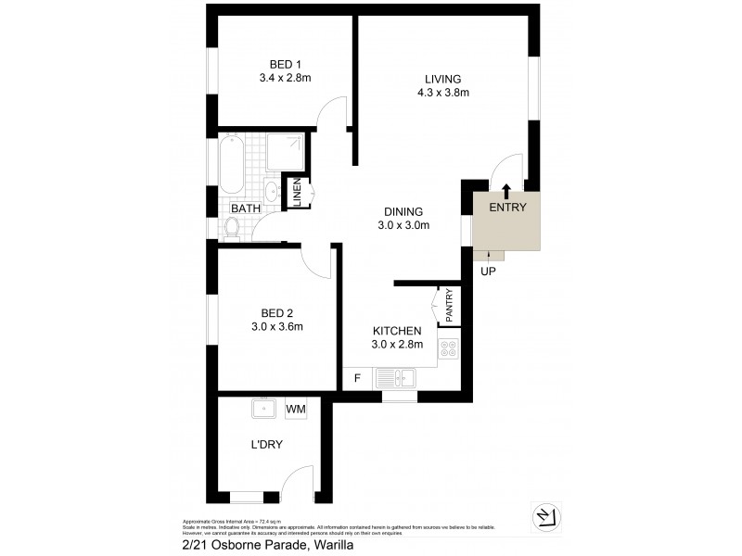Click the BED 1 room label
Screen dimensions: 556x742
[285, 64]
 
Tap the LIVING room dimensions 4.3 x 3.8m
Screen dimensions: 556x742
[443, 93]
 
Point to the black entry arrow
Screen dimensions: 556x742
[506, 192]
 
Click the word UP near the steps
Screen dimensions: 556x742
[488, 272]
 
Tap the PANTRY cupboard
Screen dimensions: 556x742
[448, 306]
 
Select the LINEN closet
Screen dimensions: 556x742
[297, 192]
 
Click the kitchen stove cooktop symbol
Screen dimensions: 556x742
[448, 348]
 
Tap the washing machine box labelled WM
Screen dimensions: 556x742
[296, 408]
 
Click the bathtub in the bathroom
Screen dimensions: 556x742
[231, 164]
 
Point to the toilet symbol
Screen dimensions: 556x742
[232, 228]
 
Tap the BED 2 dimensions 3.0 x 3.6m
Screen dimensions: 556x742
[278, 326]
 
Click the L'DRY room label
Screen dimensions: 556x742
[266, 444]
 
